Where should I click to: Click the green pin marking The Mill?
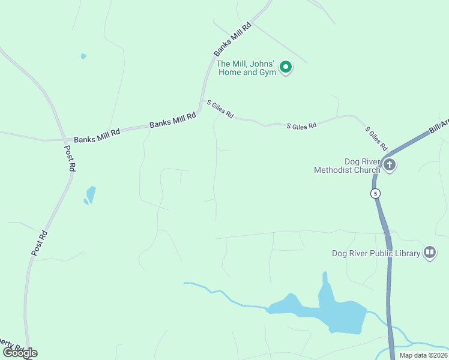[286, 67]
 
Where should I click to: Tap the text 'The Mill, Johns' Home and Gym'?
[246, 68]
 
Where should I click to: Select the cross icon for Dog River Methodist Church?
[390, 165]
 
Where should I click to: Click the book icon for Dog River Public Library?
[430, 253]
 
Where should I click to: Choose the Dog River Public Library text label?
[376, 253]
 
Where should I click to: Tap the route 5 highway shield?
[375, 193]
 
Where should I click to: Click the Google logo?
[20, 352]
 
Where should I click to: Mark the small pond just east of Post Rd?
[91, 194]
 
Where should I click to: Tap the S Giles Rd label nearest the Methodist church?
[376, 139]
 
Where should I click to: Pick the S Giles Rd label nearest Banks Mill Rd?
[220, 109]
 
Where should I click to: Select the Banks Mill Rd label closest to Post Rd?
[97, 134]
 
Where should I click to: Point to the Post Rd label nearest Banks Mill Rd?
[70, 158]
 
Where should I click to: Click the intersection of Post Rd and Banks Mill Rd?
[63, 139]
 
